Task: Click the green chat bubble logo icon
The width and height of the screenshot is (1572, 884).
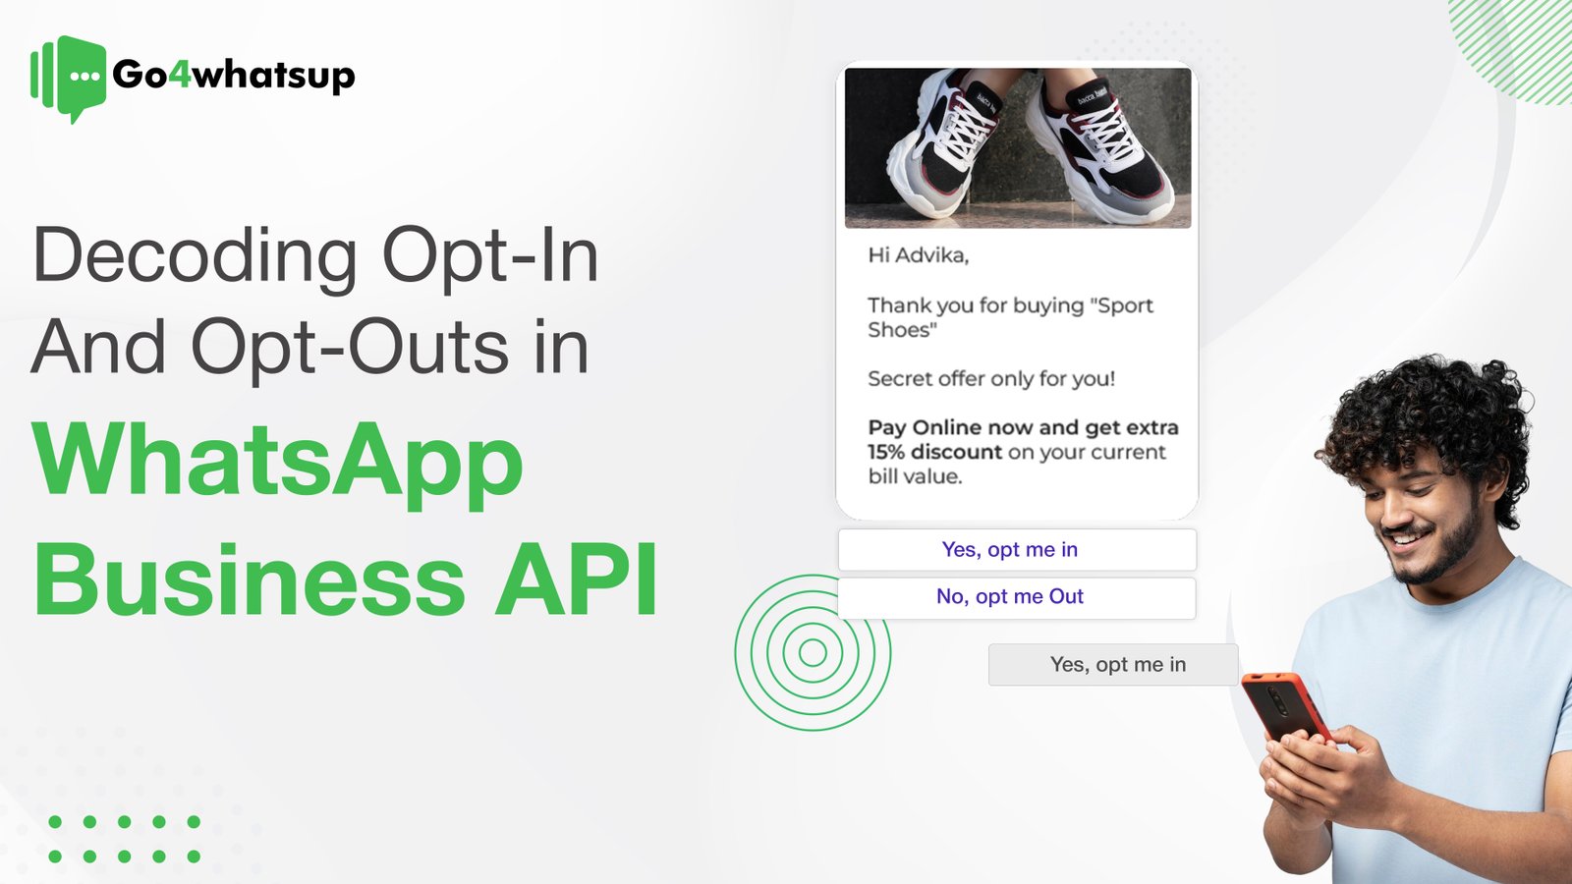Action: point(71,78)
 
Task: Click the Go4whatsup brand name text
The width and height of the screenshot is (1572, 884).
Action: point(233,75)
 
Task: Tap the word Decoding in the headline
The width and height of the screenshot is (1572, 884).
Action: point(196,256)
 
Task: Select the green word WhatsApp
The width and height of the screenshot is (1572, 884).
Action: point(278,461)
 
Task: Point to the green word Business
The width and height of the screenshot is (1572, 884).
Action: point(250,580)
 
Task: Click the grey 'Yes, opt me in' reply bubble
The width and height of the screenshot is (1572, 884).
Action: point(1117,665)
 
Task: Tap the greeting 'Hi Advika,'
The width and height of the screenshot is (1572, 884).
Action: point(918,255)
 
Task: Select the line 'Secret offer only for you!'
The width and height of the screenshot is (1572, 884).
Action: point(990,379)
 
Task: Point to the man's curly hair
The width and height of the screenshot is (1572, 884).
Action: point(1434,413)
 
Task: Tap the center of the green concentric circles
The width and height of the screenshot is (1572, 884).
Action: point(813,652)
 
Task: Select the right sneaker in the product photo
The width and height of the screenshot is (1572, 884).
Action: point(1100,147)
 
